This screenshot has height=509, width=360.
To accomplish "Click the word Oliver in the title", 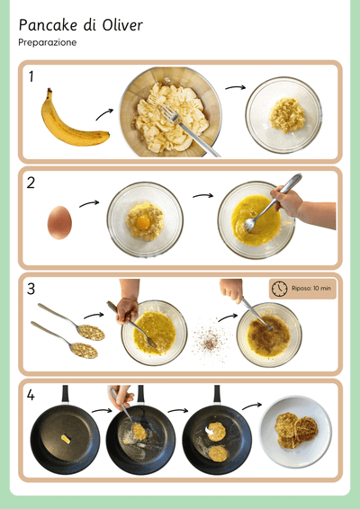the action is (122, 25).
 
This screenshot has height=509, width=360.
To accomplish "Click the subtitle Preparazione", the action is (48, 42).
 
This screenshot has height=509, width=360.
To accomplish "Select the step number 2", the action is (31, 183).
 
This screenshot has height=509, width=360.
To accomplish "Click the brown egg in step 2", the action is (59, 223).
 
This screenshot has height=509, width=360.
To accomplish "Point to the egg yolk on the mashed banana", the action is (143, 223).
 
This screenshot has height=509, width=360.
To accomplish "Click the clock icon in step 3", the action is (279, 289).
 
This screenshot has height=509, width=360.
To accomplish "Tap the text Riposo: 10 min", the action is (310, 289).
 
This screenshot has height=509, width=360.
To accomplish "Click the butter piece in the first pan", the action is (66, 439).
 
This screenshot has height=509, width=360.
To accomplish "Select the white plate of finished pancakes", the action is (295, 432).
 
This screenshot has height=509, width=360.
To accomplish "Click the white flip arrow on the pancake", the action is (210, 431).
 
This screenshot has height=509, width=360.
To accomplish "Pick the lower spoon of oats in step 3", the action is (64, 340).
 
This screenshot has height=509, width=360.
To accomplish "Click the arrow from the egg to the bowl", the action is (89, 204).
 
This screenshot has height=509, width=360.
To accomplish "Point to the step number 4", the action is (31, 396).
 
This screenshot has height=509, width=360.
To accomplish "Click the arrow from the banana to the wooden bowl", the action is (104, 114).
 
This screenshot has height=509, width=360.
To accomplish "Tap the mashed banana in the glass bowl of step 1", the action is (287, 115).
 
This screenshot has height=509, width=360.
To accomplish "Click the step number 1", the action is (31, 77).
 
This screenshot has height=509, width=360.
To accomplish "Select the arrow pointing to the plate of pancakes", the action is (252, 406).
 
